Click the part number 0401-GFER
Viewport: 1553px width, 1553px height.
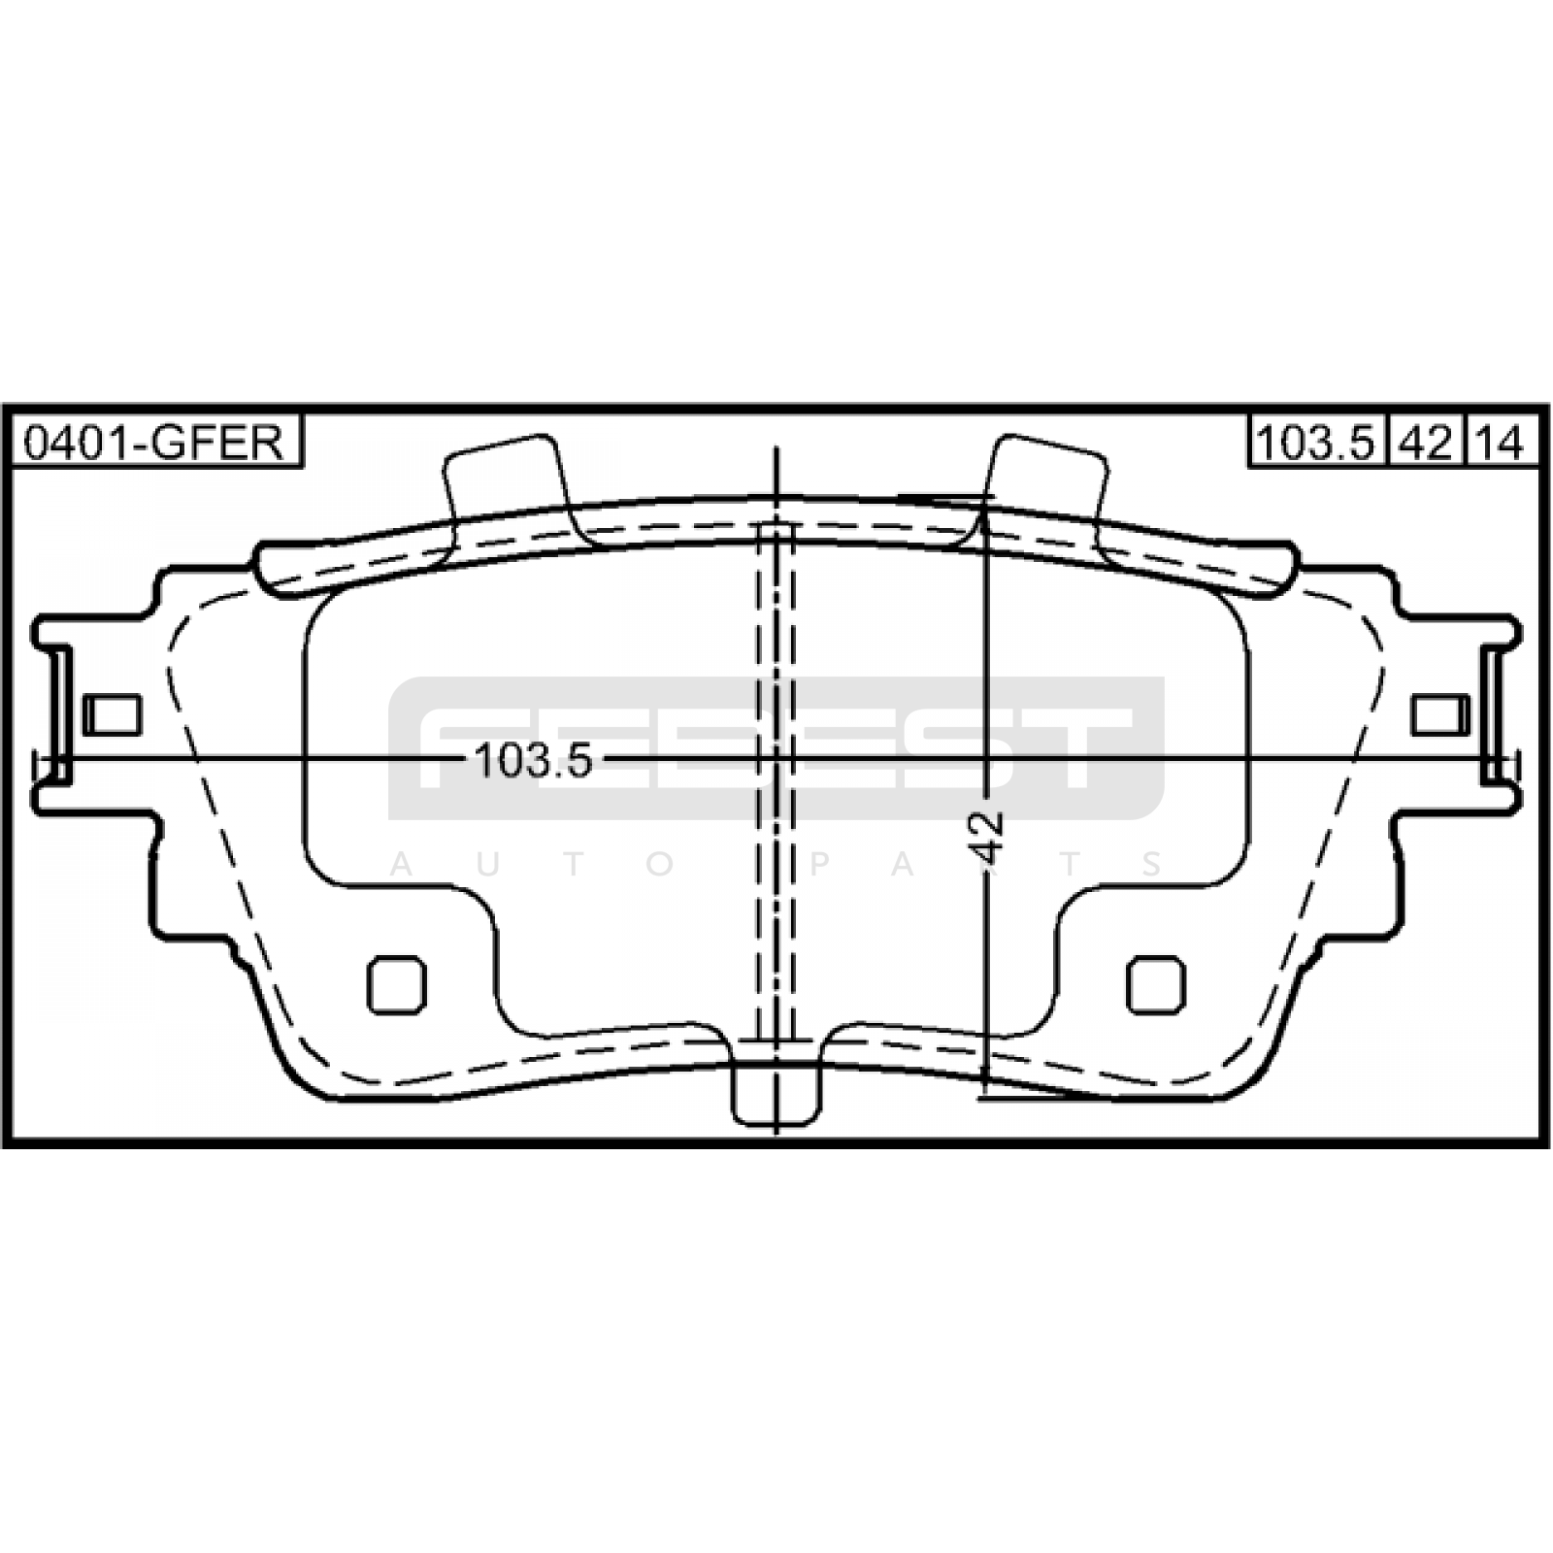pyautogui.click(x=153, y=443)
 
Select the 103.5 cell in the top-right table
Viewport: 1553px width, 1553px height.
pyautogui.click(x=1316, y=443)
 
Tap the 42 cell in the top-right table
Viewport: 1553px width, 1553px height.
pyautogui.click(x=1426, y=443)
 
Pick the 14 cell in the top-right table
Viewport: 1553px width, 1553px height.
pyautogui.click(x=1502, y=443)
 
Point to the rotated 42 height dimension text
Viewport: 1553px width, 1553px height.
pyautogui.click(x=988, y=836)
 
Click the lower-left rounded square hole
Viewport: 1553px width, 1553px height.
pyautogui.click(x=397, y=984)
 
